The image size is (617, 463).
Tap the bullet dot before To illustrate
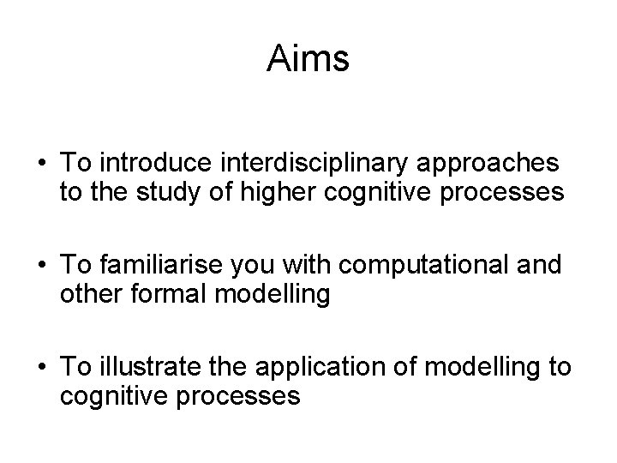[41, 368]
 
